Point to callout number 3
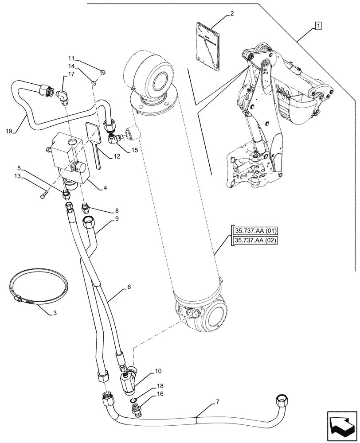tap(55, 313)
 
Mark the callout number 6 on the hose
tap(129, 287)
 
